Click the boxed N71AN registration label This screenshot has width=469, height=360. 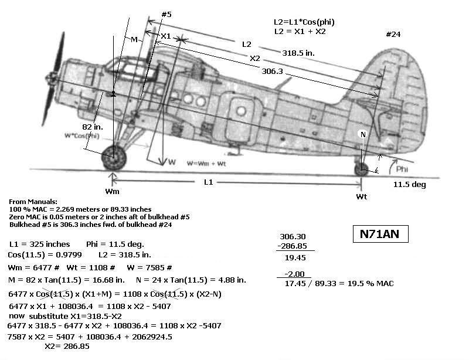point(380,235)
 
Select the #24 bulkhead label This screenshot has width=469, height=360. point(393,35)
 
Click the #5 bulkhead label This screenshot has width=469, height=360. point(166,14)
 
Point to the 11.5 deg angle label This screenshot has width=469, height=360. point(410,184)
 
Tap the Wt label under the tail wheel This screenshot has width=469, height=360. point(362,197)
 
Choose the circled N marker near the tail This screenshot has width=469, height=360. point(363,134)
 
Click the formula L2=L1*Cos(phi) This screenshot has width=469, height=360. point(304,22)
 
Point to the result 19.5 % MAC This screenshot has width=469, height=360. point(372,283)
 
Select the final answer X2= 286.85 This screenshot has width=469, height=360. point(67,346)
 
